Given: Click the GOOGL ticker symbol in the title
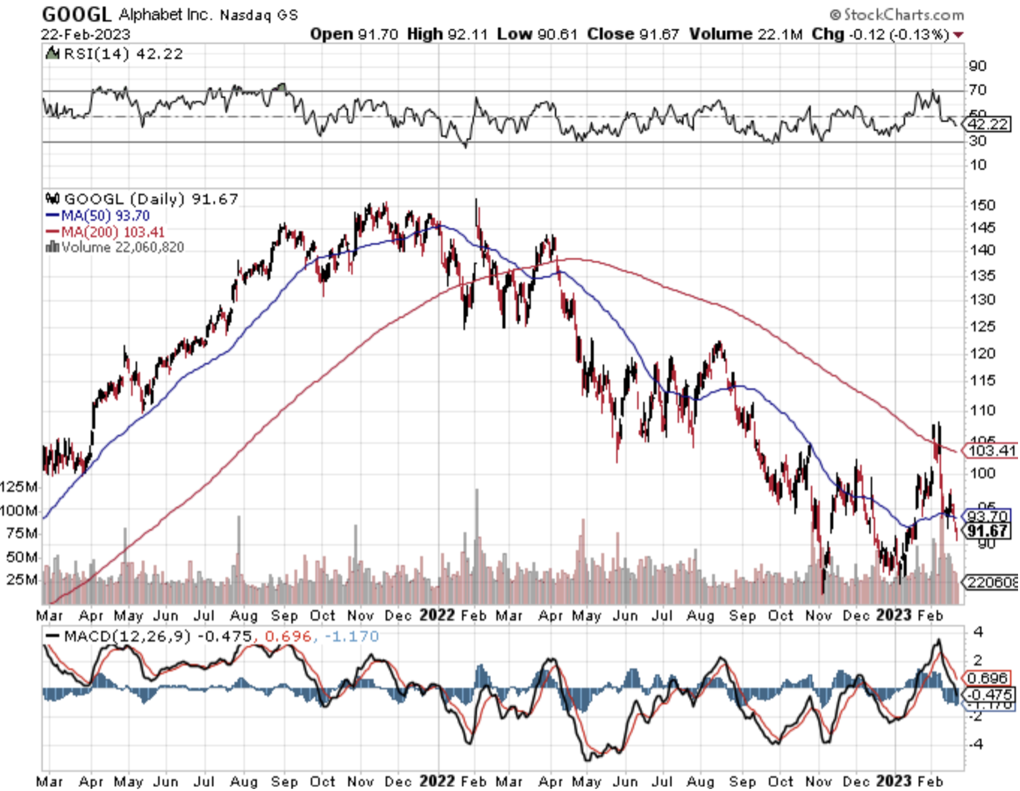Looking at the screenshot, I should pyautogui.click(x=77, y=13).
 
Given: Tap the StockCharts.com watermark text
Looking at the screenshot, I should pyautogui.click(x=902, y=14).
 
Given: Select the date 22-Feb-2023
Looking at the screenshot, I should pyautogui.click(x=86, y=34).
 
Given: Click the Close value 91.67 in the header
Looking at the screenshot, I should pyautogui.click(x=658, y=34).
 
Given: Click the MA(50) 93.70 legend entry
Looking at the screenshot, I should pyautogui.click(x=105, y=216).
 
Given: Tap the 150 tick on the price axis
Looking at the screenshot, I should pyautogui.click(x=982, y=205).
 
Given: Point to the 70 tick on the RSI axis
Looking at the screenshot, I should pyautogui.click(x=977, y=90).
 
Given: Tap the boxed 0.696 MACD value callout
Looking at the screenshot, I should pyautogui.click(x=989, y=679).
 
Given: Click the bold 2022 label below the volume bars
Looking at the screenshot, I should pyautogui.click(x=436, y=616).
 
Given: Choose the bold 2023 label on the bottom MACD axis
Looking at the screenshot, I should pyautogui.click(x=893, y=781).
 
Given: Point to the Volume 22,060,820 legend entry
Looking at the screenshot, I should pyautogui.click(x=122, y=247).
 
